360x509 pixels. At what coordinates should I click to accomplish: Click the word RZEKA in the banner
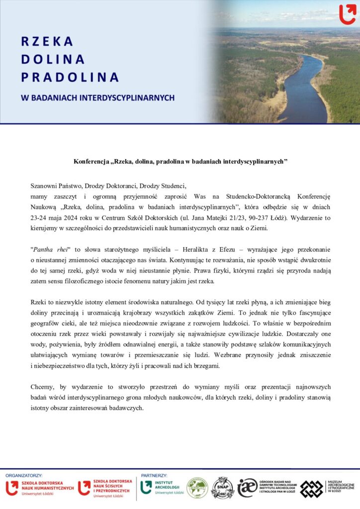(47, 41)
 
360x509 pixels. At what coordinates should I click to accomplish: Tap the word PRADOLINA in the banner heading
(70, 78)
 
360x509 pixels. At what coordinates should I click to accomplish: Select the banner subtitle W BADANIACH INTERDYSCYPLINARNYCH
(97, 98)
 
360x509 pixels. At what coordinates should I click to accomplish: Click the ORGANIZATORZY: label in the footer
(24, 476)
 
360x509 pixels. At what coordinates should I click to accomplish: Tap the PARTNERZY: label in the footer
(154, 476)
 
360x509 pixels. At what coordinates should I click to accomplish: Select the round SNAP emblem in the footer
(222, 488)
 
